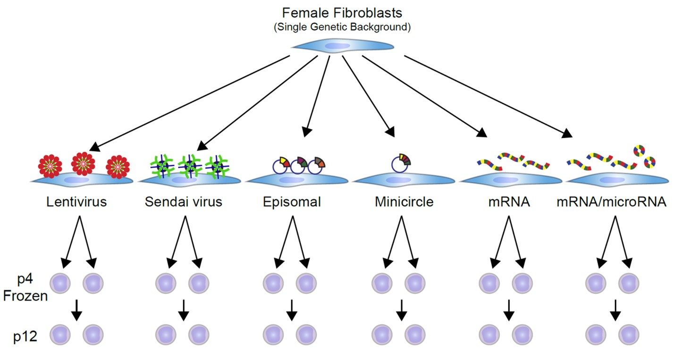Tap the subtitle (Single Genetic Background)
pyautogui.click(x=342, y=27)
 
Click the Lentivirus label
pyautogui.click(x=76, y=202)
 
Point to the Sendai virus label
pyautogui.click(x=183, y=202)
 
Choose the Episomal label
pyautogui.click(x=292, y=202)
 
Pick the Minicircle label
pyautogui.click(x=404, y=202)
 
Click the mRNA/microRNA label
pyautogui.click(x=611, y=202)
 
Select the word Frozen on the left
pyautogui.click(x=25, y=297)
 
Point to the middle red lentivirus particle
pyautogui.click(x=83, y=163)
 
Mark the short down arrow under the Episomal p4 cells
pyautogui.click(x=292, y=310)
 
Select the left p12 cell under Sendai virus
pyautogui.click(x=166, y=335)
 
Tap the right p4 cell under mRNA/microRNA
pyautogui.click(x=629, y=284)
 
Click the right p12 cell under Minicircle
pyautogui.click(x=415, y=335)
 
